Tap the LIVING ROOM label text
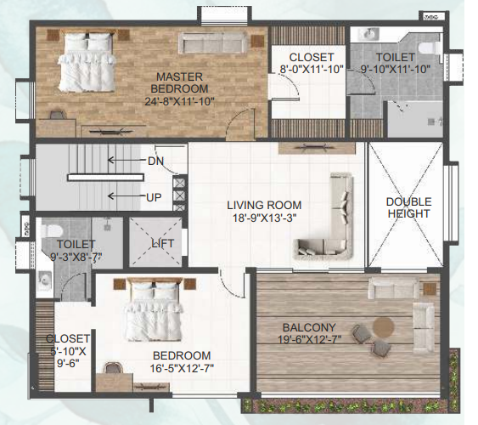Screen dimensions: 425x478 pyautogui.click(x=263, y=206)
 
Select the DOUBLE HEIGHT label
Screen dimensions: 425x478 pyautogui.click(x=408, y=208)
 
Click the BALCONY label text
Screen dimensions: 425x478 pyautogui.click(x=309, y=326)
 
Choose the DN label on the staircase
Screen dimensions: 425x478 pyautogui.click(x=155, y=161)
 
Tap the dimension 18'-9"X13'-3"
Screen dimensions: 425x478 pyautogui.click(x=263, y=219)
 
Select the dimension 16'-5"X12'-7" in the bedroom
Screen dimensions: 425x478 pyautogui.click(x=182, y=368)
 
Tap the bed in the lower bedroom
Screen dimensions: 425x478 pyautogui.click(x=154, y=312)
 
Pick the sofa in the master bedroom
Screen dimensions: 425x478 pyautogui.click(x=214, y=43)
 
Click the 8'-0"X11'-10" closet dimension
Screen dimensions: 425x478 pyautogui.click(x=310, y=70)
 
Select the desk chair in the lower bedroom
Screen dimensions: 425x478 pyautogui.click(x=112, y=368)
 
